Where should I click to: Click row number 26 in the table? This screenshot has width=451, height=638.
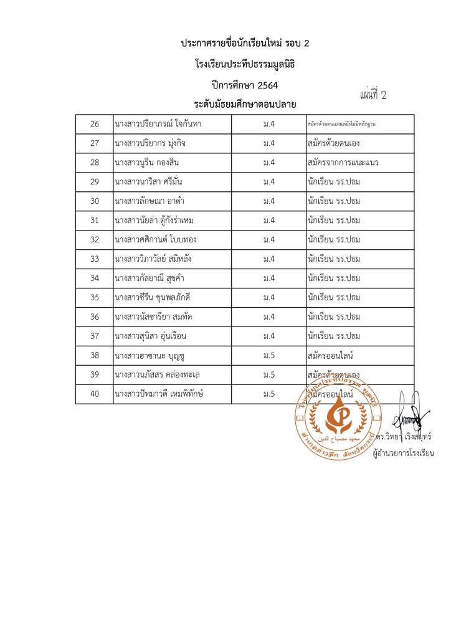(x=95, y=124)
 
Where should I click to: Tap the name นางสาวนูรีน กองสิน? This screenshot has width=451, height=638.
(x=149, y=163)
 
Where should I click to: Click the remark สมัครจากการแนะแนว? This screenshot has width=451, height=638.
(x=343, y=163)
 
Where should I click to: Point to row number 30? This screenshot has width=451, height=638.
(x=95, y=201)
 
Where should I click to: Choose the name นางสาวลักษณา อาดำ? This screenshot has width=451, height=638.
(x=149, y=201)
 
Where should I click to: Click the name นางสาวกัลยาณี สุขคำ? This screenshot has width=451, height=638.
(x=152, y=278)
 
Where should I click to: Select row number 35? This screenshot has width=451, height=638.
(x=95, y=297)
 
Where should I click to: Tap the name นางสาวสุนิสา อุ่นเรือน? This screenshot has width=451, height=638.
(x=151, y=336)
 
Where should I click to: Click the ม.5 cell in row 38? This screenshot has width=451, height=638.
(x=269, y=356)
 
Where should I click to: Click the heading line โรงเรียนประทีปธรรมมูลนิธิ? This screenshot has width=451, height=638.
(x=244, y=64)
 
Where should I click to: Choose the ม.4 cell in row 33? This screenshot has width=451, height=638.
(x=269, y=259)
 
